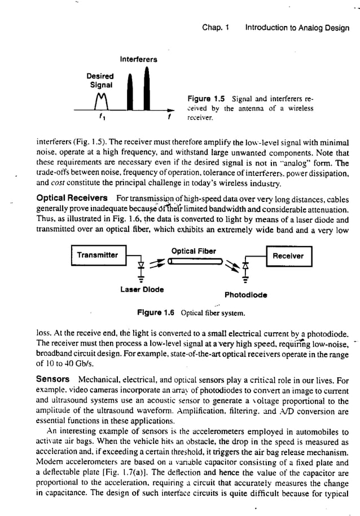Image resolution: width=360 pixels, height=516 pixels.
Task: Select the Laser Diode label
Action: tap(142, 289)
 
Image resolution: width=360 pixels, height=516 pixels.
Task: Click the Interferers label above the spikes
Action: tap(138, 59)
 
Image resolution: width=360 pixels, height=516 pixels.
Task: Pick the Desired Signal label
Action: tap(100, 80)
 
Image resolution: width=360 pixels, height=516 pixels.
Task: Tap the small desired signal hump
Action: tap(102, 103)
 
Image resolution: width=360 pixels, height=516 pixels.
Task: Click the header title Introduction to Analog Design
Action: tap(298, 25)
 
